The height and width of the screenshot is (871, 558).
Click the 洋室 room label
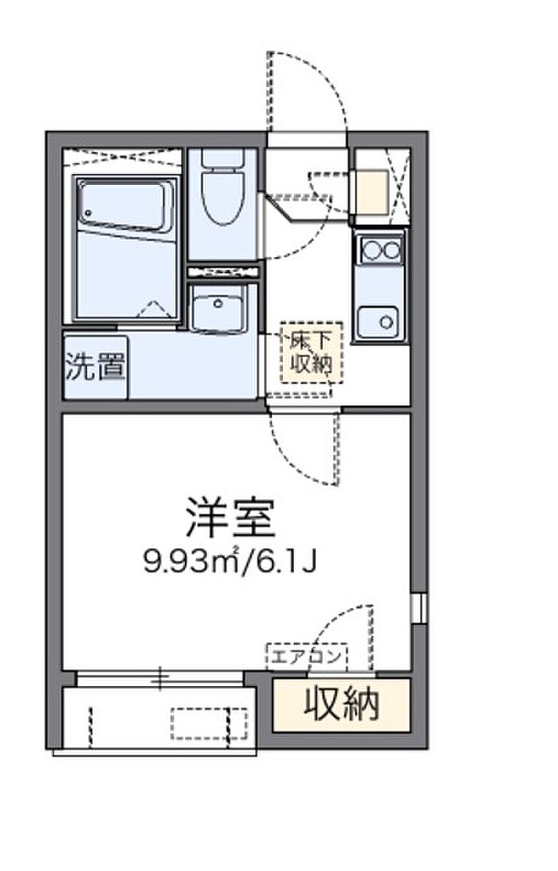click(230, 518)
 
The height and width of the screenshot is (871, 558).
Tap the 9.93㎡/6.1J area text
click(230, 562)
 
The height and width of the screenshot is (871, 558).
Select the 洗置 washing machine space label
click(95, 367)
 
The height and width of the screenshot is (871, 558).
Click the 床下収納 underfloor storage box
click(312, 353)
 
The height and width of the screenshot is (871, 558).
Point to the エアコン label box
click(307, 657)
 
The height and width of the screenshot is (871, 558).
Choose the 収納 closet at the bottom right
click(341, 705)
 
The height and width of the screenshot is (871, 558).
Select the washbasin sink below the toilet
click(218, 308)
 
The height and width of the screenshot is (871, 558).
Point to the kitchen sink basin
click(378, 321)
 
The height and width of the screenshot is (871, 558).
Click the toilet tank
click(222, 158)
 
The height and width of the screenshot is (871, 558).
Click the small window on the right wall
click(418, 609)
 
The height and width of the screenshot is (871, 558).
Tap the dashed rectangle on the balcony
click(209, 723)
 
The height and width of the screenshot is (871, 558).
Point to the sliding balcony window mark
click(160, 678)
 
